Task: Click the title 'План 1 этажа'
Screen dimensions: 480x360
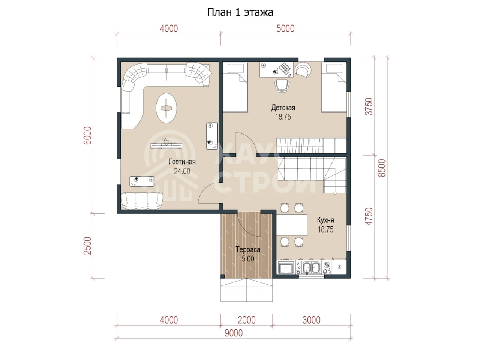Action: click(x=240, y=12)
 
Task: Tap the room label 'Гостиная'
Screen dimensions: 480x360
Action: click(x=182, y=162)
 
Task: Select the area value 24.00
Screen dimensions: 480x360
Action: click(x=182, y=171)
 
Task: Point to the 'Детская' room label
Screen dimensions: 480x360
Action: click(x=283, y=107)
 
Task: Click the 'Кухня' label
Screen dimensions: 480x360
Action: click(x=325, y=220)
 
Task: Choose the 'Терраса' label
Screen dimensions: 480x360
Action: click(x=248, y=249)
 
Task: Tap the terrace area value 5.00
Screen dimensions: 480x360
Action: click(x=248, y=259)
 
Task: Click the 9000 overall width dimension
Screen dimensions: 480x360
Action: click(x=234, y=333)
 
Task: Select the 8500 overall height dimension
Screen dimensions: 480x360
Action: click(x=382, y=168)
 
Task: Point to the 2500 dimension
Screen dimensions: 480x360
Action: click(x=88, y=246)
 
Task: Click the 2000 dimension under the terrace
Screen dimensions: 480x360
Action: click(x=246, y=320)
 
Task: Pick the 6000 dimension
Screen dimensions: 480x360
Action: click(x=88, y=135)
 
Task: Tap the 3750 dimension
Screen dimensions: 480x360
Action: click(x=369, y=106)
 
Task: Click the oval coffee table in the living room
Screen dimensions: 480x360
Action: click(x=166, y=108)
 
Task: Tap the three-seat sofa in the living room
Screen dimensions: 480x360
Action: click(x=142, y=201)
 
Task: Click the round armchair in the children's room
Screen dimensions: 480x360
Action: click(x=303, y=69)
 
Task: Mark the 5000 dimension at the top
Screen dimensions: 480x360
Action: click(x=285, y=28)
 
